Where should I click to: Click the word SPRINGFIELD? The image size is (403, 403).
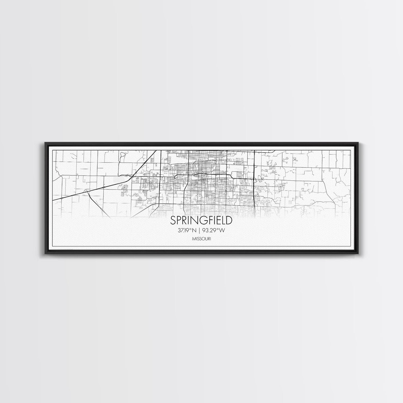[201, 220]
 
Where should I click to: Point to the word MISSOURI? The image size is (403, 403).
[201, 239]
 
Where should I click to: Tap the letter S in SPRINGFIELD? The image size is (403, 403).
[173, 220]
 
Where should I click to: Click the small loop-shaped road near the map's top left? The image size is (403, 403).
[123, 155]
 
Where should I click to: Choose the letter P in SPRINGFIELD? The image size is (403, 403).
[179, 220]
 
